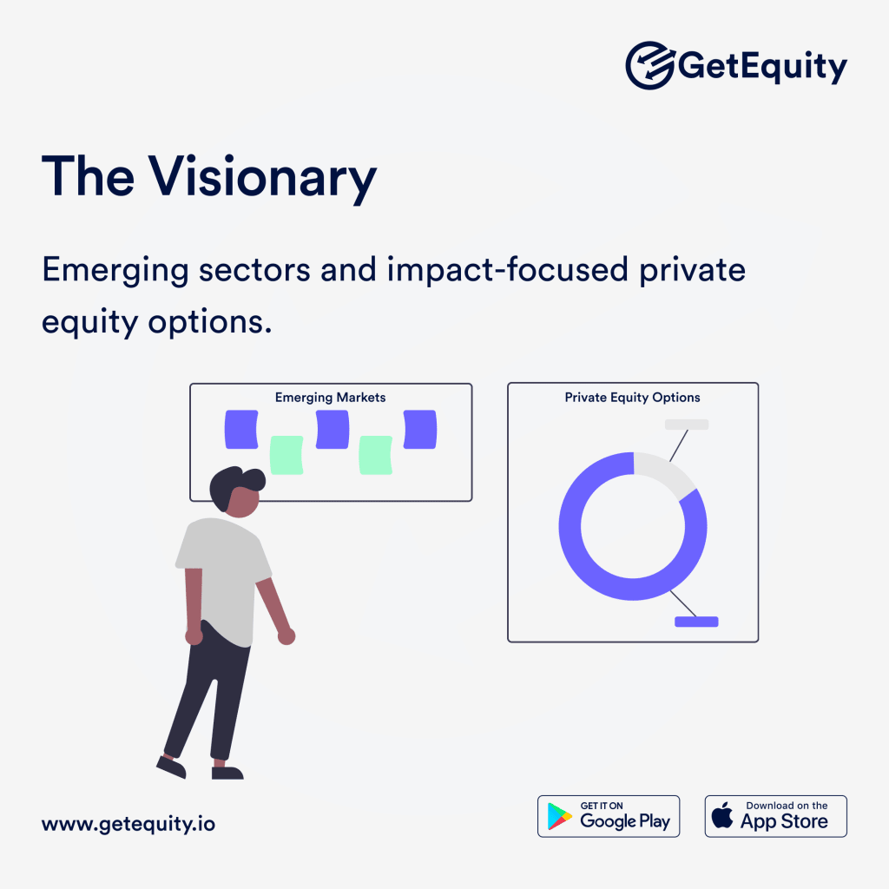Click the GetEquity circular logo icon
[x=649, y=65]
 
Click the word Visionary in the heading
[x=262, y=178]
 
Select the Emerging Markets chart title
[x=330, y=398]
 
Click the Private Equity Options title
[x=632, y=398]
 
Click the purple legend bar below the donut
[x=696, y=622]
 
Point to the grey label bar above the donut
[x=687, y=424]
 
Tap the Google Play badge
[x=609, y=816]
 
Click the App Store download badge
[x=775, y=816]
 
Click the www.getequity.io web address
[x=128, y=824]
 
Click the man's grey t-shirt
[x=224, y=579]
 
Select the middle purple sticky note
[x=333, y=429]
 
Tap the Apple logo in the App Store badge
[x=722, y=816]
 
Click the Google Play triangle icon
[x=559, y=817]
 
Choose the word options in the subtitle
[x=210, y=323]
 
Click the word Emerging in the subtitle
[x=115, y=270]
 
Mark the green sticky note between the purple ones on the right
[x=375, y=455]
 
